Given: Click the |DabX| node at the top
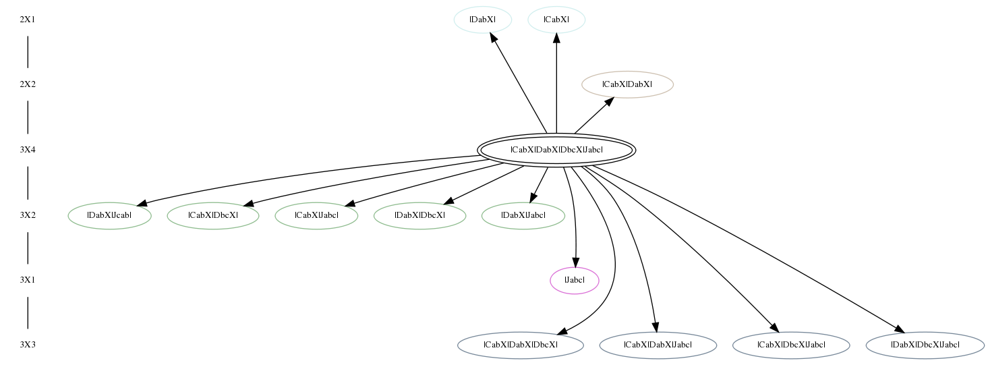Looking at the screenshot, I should pos(482,20).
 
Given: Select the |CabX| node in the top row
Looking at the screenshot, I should pos(556,20).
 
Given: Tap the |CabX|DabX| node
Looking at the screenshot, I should pos(627,84).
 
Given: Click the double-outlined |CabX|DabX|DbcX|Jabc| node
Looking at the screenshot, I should pos(556,150).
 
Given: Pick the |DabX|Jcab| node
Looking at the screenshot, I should pos(109,215).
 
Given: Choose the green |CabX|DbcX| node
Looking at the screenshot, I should pos(213,215).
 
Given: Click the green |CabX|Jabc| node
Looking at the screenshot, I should pos(316,215).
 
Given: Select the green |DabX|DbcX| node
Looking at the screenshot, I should pos(419,215).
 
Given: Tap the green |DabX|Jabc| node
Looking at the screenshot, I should pos(523,215).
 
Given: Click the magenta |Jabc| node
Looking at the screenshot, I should pos(575,280).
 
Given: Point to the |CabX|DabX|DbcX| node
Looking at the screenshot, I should pos(520,345).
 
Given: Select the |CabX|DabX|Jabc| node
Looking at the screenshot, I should pos(658,345).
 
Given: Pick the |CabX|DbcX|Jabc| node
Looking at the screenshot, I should pos(791,345).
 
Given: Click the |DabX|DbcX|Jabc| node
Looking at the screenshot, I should pos(925,345).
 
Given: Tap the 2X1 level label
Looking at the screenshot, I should pos(27,20).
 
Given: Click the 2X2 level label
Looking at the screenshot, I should pos(27,84).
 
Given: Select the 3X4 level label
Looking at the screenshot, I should pos(27,150).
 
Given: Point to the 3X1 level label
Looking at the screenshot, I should pos(27,280).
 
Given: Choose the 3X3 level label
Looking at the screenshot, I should pos(27,345).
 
